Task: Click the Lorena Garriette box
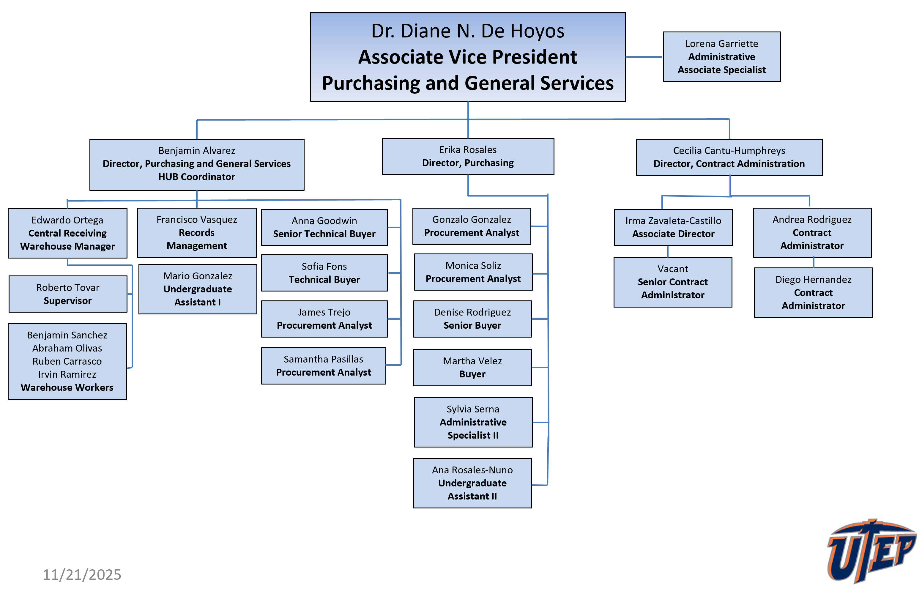coord(721,57)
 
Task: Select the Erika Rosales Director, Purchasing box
coord(468,156)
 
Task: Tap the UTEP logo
coord(871,551)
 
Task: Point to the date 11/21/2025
coord(82,574)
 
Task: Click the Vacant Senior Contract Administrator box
coord(672,282)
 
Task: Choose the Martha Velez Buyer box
coord(472,367)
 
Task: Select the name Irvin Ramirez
coord(67,374)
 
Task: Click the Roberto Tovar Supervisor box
coord(68,294)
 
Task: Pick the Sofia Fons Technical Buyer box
coord(324,273)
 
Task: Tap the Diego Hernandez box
coord(813,292)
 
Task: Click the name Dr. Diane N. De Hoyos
coord(468,31)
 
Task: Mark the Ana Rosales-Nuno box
coord(472,483)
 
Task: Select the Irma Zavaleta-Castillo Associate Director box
coord(673,227)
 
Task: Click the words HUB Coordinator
coord(197,177)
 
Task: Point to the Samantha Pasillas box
coord(324,366)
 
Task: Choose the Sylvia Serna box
coord(473,422)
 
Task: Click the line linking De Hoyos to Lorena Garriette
coord(644,57)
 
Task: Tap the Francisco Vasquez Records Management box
coord(197,233)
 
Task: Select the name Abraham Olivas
coord(67,348)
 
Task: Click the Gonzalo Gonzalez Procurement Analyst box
coord(472,226)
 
